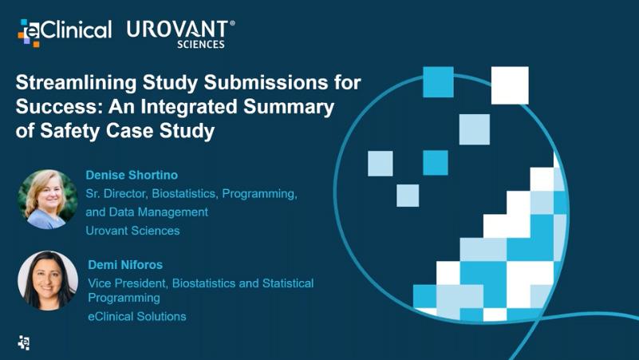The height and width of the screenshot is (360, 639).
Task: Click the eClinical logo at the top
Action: click(x=65, y=33)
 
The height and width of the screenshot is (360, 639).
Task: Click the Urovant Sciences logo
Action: click(x=180, y=34)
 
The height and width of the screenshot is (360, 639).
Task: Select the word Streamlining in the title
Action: click(x=77, y=83)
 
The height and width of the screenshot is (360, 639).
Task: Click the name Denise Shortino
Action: click(x=132, y=175)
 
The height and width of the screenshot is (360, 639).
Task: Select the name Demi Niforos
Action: click(x=125, y=264)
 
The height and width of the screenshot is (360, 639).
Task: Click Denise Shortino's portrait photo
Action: click(x=48, y=200)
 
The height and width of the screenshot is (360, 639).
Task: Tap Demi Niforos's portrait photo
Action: click(x=48, y=281)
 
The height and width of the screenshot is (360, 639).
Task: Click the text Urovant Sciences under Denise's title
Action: click(x=132, y=231)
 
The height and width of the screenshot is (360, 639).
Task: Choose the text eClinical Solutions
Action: click(x=137, y=316)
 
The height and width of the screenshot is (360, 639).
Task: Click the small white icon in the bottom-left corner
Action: click(x=24, y=343)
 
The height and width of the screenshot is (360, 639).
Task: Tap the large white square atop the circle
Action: click(x=510, y=85)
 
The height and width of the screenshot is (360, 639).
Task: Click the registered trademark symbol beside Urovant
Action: click(x=232, y=23)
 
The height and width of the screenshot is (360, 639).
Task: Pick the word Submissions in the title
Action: click(x=266, y=83)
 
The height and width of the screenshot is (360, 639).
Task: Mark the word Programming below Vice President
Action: click(x=124, y=298)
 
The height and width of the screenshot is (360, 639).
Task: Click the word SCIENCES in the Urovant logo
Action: click(x=201, y=45)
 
